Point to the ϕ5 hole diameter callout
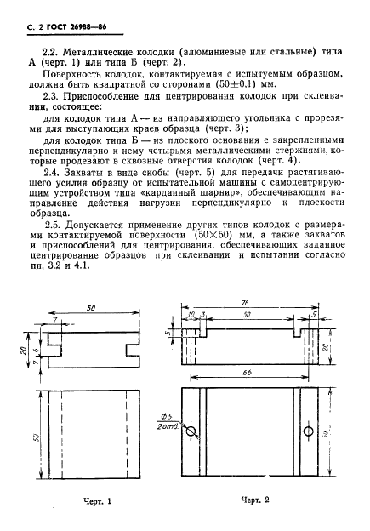tap(166, 417)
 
